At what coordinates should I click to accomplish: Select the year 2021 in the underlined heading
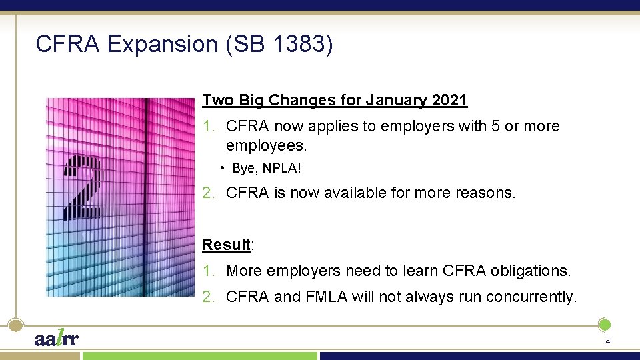(x=449, y=101)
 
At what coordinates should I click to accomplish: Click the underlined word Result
(x=226, y=245)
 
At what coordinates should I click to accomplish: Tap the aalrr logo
(x=57, y=339)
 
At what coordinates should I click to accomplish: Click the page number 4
(x=607, y=341)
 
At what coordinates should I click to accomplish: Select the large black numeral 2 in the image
(x=85, y=187)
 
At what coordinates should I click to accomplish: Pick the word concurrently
(x=531, y=297)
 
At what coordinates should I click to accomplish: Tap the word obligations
(x=530, y=271)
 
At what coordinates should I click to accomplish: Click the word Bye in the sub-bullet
(x=243, y=168)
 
